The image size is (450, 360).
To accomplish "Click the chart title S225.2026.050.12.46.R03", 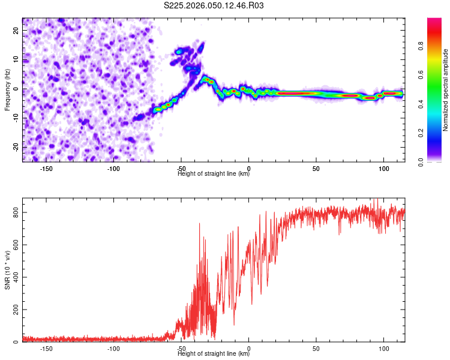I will (214, 5).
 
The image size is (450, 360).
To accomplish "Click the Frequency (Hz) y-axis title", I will (7, 89).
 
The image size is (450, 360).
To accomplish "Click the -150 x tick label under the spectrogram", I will (47, 169).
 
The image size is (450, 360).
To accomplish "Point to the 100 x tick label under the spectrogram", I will (383, 169).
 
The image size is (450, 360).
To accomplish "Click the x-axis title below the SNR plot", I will (214, 354).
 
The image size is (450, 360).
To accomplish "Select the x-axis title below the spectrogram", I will (214, 174).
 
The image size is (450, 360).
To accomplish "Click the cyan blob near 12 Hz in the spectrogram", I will (178, 53).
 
